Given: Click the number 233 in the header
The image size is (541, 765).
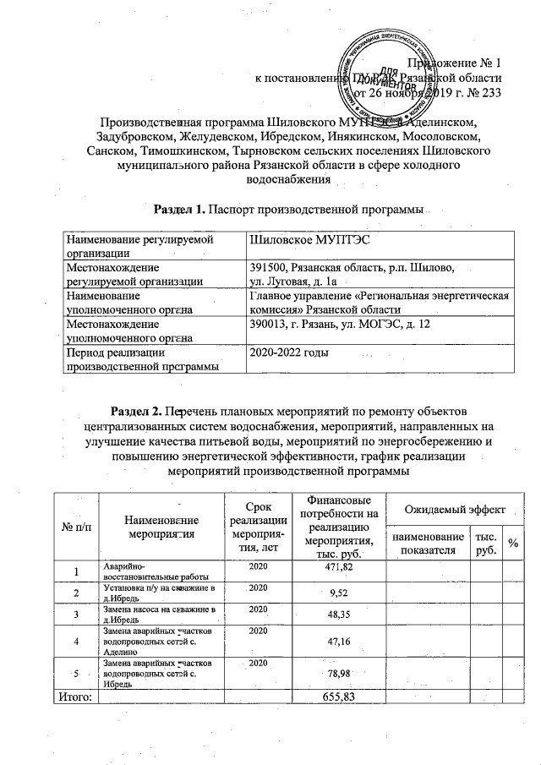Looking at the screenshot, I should (x=491, y=93).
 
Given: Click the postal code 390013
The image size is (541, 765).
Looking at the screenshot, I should (x=268, y=325).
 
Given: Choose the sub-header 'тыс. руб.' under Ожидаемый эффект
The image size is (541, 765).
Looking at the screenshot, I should (x=486, y=543).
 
